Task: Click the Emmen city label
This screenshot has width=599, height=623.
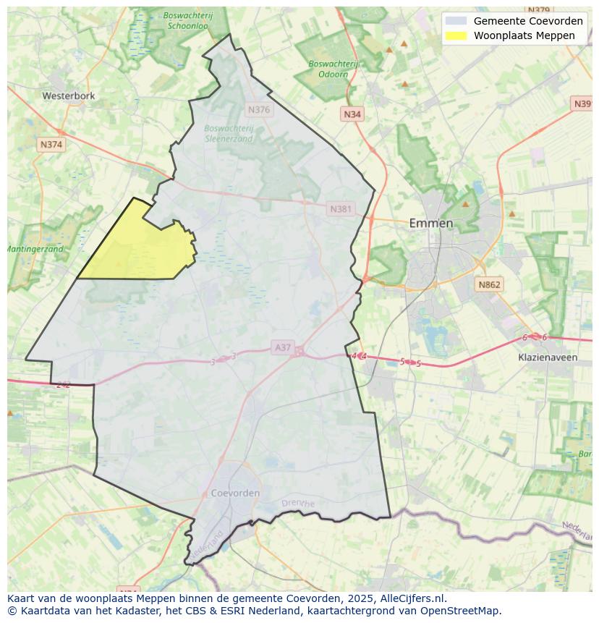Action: pyautogui.click(x=431, y=223)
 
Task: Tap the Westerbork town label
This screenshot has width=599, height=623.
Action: pyautogui.click(x=69, y=96)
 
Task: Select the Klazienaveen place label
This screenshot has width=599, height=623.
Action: pyautogui.click(x=548, y=357)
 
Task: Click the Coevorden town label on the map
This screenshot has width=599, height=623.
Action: pyautogui.click(x=235, y=493)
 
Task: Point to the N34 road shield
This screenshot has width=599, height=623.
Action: pyautogui.click(x=352, y=114)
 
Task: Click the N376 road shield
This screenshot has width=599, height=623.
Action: pyautogui.click(x=258, y=110)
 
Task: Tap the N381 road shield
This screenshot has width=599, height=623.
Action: pyautogui.click(x=341, y=209)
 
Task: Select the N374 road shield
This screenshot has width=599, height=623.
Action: pyautogui.click(x=51, y=145)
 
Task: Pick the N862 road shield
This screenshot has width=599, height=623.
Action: pyautogui.click(x=489, y=285)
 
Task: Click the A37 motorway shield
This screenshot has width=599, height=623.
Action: pyautogui.click(x=282, y=347)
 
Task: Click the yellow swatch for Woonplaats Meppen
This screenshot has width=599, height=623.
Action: pyautogui.click(x=456, y=35)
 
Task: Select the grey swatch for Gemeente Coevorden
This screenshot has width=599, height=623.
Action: pyautogui.click(x=456, y=21)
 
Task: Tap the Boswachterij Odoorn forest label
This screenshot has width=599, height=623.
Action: pyautogui.click(x=333, y=69)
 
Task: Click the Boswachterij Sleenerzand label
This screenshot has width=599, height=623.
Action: pyautogui.click(x=229, y=133)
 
